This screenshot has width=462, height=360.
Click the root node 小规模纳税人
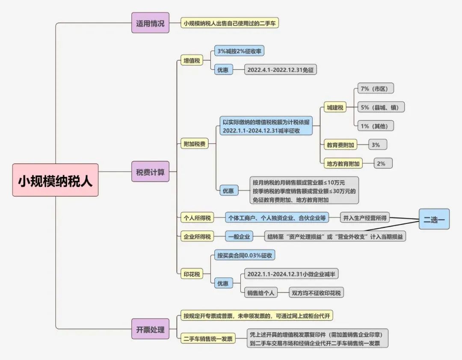coord(55,180)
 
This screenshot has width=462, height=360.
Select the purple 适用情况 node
coord(150,23)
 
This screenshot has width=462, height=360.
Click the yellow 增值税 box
coord(192,61)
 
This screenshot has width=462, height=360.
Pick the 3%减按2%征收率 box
coord(239,51)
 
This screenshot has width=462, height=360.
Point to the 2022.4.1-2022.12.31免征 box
coord(281,70)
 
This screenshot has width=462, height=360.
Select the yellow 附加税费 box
coord(194,144)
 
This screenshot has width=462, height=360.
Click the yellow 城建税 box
coord(335,107)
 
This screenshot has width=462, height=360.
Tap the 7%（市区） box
coord(375,89)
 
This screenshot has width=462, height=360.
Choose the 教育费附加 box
coord(340,145)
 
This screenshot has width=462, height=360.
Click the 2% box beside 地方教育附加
coord(381,163)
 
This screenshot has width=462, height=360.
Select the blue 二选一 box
coord(434,220)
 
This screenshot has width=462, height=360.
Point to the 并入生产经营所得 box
coord(365,218)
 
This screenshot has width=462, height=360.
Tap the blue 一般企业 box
coord(239,236)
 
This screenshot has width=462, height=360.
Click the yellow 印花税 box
coord(192,274)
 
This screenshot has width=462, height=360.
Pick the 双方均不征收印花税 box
coord(317,293)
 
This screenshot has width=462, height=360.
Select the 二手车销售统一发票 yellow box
coord(207,339)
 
